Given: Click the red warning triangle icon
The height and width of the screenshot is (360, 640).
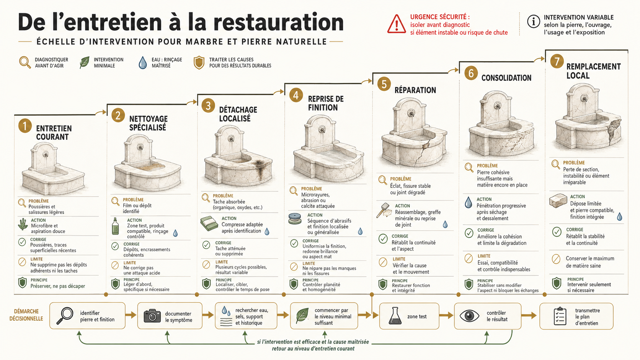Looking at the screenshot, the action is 396,24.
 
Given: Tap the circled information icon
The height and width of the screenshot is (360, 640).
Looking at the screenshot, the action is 533,21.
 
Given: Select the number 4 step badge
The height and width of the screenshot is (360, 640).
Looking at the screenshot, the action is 296,95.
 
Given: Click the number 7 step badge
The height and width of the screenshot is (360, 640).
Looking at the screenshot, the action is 557,61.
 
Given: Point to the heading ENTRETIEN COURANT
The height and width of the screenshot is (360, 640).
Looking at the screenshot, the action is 54,133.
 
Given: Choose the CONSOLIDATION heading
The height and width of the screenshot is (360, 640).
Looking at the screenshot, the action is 506,78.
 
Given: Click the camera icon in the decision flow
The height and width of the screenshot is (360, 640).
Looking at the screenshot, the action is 152,316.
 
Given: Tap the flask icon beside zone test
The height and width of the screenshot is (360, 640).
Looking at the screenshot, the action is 395,316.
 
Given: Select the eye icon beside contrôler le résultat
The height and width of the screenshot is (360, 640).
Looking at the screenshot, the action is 469,316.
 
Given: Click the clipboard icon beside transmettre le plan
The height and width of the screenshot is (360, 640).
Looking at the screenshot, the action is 560,316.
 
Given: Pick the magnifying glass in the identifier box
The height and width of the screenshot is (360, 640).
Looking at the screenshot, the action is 65,316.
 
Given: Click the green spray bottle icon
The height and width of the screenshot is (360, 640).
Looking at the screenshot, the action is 116,226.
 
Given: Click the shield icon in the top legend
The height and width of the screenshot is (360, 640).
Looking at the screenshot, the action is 199,62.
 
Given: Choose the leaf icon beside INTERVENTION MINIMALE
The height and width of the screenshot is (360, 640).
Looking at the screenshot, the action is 85,62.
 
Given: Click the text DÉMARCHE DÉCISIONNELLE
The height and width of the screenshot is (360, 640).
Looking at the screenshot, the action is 26,315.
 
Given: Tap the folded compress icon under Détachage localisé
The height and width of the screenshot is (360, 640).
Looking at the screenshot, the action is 209,223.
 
